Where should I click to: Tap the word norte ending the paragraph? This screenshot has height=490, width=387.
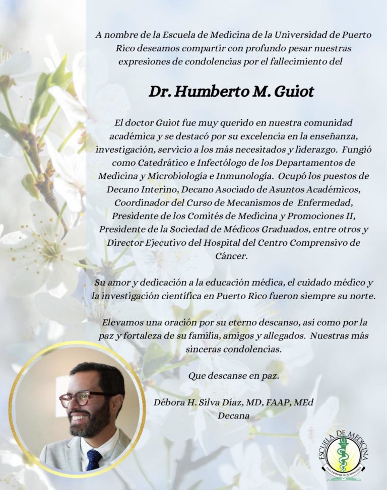point(363,296)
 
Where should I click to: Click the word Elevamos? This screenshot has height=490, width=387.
point(122,322)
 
